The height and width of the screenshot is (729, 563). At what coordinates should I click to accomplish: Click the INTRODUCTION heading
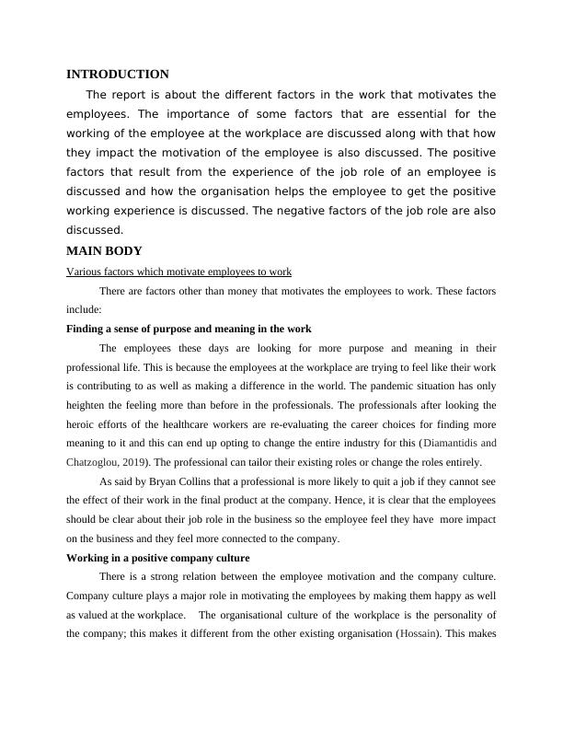[x=118, y=74]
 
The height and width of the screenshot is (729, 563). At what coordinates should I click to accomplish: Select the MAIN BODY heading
[x=104, y=250]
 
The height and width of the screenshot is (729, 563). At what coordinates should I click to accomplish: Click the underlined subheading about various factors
[x=179, y=272]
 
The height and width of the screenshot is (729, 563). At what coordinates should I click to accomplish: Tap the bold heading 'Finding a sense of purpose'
[x=190, y=329]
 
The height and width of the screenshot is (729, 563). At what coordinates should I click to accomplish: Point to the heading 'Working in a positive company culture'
[x=159, y=558]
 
